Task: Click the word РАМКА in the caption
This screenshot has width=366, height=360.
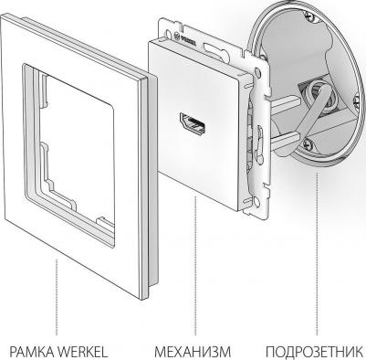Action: coord(32,352)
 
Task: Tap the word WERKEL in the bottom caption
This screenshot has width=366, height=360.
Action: coord(82,352)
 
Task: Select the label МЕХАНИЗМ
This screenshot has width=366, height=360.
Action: coord(193,352)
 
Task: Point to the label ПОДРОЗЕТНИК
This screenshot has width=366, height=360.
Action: coord(315,352)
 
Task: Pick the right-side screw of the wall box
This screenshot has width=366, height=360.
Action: coord(357,100)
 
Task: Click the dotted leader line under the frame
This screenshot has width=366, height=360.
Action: coord(57,297)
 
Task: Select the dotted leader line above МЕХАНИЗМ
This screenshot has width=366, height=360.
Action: coord(195,266)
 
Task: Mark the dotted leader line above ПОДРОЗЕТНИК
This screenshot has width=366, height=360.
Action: coord(317,254)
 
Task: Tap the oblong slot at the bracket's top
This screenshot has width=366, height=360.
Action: coord(214,48)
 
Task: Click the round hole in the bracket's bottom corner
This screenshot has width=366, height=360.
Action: coord(256,203)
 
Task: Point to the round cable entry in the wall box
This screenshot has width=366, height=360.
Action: coord(317,94)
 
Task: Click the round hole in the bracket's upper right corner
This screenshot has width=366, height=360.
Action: coord(258,72)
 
